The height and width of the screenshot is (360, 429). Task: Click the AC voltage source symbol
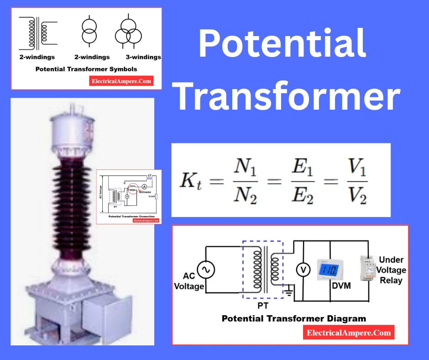(x=205, y=270)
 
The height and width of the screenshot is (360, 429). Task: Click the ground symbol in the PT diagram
(x=288, y=289)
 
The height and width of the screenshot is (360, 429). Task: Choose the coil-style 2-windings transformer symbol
(x=37, y=32)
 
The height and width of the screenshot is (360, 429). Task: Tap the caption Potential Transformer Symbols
(x=86, y=69)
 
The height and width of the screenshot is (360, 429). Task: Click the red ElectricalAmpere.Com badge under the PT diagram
(x=349, y=333)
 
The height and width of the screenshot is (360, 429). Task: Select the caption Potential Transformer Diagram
(x=294, y=318)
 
